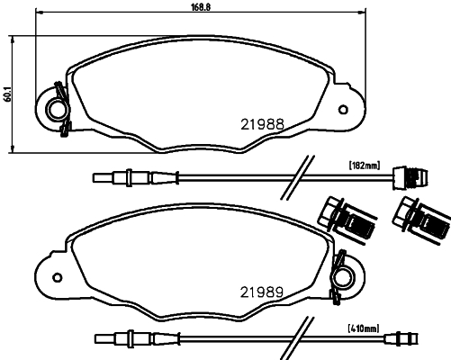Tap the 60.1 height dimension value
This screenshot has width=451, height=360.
(7, 93)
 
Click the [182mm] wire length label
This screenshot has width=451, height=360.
(365, 165)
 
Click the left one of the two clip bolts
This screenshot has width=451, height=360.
(344, 216)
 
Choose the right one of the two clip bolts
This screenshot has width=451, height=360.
(419, 216)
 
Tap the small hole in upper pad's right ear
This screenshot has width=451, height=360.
(341, 111)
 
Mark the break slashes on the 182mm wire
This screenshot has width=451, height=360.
(294, 176)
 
